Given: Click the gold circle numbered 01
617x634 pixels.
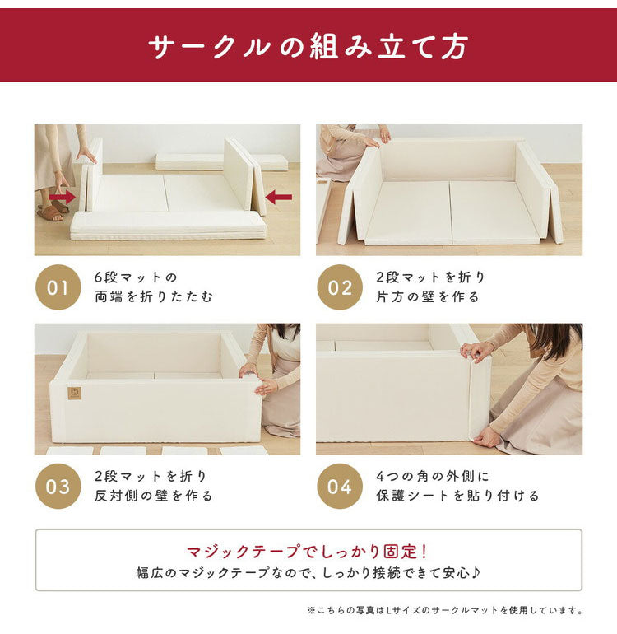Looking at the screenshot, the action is tap(58, 287).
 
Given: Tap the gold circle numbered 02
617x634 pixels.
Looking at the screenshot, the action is tap(340, 287).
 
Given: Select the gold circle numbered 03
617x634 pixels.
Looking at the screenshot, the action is tap(58, 486).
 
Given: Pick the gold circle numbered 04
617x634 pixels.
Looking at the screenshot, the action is tap(340, 486).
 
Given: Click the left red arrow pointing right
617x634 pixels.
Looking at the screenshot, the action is tap(63, 198).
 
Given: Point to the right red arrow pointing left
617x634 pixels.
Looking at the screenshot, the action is tap(278, 198).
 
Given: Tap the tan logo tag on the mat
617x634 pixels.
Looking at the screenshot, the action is tap(74, 393).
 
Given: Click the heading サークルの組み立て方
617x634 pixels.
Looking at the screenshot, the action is tap(308, 46).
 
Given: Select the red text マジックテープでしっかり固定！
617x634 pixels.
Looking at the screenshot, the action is tap(307, 551).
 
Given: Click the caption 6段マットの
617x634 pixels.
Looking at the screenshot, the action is tap(136, 277).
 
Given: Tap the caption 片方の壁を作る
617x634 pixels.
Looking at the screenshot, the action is tap(428, 296).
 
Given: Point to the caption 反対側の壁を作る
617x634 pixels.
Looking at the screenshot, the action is tap(153, 496).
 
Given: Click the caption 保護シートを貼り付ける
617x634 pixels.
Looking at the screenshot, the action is tap(457, 496).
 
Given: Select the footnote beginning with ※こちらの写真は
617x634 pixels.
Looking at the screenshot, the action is tap(444, 610).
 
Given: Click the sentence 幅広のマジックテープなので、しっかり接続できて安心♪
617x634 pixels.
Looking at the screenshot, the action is tap(308, 572).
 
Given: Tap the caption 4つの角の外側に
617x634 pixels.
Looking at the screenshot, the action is tap(433, 476).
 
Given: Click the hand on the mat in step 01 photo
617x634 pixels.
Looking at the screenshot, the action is tap(86, 155).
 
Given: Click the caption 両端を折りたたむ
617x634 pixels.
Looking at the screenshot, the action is tap(153, 296).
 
